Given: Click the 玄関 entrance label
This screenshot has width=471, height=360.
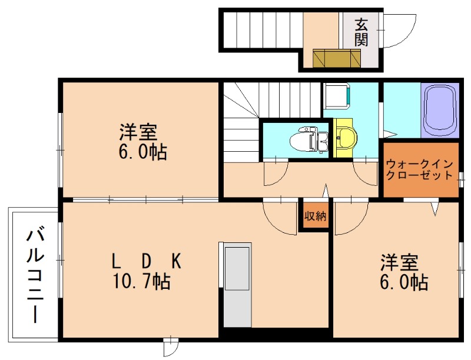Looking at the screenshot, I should tap(361, 33).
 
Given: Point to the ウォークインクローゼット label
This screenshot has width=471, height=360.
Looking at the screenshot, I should tap(420, 169).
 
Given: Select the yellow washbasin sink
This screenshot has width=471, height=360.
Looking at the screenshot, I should tap(345, 138).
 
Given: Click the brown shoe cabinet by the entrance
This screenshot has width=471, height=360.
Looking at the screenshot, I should tap(336, 59).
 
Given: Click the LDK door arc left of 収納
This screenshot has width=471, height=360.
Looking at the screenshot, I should tap(280, 218).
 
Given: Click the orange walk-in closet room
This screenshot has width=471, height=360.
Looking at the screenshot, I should tap(420, 176).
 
